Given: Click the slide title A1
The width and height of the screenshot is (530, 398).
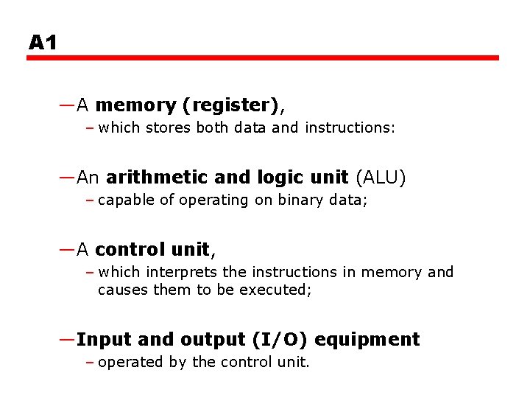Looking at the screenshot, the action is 43,43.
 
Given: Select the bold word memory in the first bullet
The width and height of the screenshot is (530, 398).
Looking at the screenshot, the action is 135,106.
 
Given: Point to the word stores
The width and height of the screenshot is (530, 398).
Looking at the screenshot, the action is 169,128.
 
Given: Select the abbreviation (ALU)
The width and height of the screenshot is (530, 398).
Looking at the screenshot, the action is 380,178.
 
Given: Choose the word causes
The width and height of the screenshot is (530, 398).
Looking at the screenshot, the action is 123,290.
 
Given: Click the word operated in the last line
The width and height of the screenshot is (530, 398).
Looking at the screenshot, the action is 127,363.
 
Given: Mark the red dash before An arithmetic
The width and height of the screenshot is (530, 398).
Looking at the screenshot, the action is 67,178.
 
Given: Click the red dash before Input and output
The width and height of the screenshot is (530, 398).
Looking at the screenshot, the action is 67,339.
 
